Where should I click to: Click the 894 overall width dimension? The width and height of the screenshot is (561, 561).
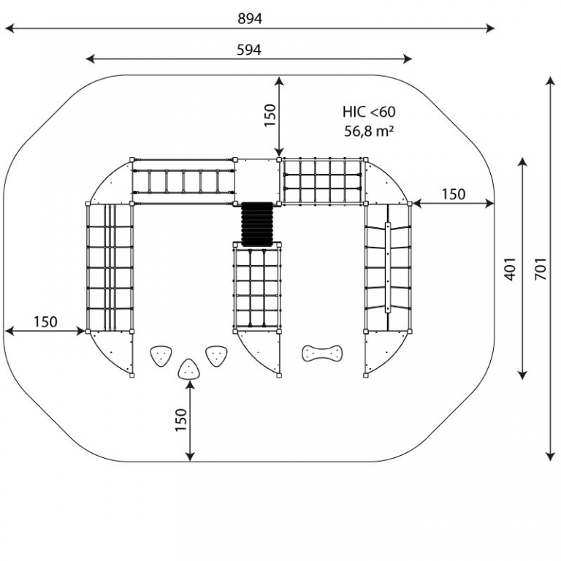250,18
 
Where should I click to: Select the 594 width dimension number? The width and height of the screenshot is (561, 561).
249,50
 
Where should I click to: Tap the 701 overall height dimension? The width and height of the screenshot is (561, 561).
541,269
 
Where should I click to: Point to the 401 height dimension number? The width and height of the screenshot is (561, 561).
510,269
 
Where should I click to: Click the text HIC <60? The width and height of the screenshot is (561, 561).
369,112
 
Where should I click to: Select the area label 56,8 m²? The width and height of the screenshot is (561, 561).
369,131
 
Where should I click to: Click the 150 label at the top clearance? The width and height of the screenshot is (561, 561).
270,115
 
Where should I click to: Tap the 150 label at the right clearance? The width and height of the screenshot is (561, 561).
454,194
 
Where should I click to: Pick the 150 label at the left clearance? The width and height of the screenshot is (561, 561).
45,322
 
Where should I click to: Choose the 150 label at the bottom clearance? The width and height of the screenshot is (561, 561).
181,420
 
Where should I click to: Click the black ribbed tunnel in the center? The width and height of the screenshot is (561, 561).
257,224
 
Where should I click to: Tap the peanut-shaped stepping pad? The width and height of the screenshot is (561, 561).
322,353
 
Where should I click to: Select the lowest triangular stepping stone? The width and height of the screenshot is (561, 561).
189,369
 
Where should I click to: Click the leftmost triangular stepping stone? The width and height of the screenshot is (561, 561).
161,355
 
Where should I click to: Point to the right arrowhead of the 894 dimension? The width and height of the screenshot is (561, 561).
490,28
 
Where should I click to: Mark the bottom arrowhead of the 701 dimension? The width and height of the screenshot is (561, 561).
550,456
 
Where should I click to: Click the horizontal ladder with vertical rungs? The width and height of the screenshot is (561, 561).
183,181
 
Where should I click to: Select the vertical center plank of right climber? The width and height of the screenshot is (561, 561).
388,267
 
